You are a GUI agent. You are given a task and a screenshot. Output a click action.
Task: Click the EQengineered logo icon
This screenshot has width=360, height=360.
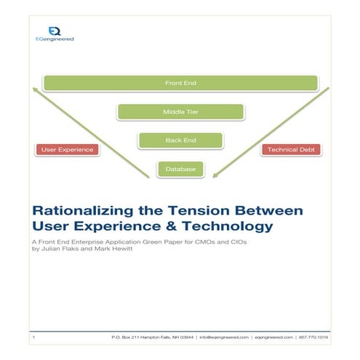[54, 31]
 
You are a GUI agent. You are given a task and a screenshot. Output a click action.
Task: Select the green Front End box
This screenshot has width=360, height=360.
[180, 83]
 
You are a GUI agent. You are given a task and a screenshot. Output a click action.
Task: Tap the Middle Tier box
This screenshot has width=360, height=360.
[180, 112]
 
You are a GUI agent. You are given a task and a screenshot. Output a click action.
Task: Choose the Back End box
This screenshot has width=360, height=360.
[180, 140]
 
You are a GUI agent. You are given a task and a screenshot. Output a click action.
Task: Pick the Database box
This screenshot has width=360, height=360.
[180, 169]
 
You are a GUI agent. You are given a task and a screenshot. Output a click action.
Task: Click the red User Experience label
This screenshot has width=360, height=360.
[66, 149]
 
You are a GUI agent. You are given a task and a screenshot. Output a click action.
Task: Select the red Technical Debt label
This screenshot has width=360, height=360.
[290, 149]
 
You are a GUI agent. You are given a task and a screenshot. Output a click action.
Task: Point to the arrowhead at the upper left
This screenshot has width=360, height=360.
[35, 92]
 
